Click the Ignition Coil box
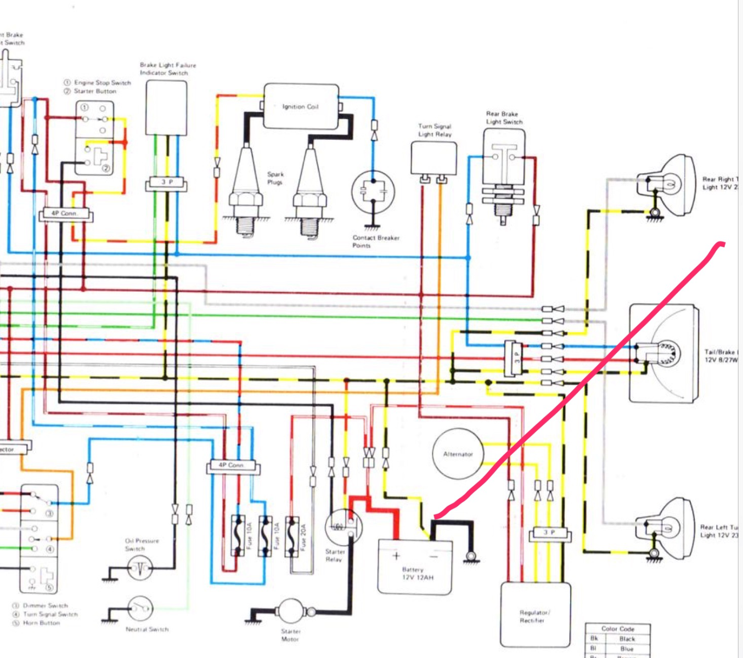click(301, 106)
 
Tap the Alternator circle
click(458, 454)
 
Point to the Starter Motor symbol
click(291, 612)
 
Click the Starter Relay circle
click(344, 527)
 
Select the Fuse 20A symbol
click(293, 536)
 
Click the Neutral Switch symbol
click(141, 608)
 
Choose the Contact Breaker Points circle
click(373, 192)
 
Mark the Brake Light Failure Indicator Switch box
click(166, 107)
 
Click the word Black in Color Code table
click(627, 639)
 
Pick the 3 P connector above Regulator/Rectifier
click(550, 533)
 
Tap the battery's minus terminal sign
click(434, 556)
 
